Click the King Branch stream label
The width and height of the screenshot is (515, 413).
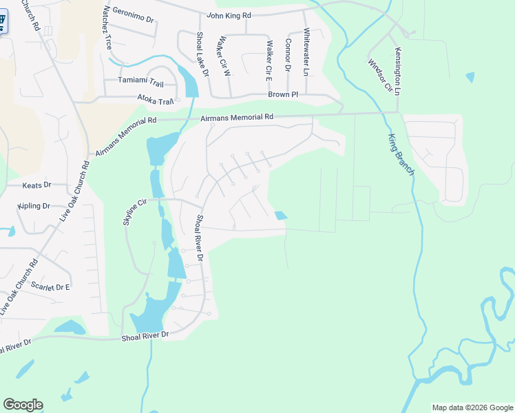(401, 154)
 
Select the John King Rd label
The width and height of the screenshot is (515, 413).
(229, 14)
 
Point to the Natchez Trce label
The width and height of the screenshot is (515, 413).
(107, 27)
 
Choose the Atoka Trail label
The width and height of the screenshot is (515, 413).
(155, 100)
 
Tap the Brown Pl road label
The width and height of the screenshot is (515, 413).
(283, 94)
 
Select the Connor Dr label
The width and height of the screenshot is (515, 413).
(288, 54)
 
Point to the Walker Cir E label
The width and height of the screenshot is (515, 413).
(269, 57)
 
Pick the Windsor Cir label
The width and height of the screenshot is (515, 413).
(379, 75)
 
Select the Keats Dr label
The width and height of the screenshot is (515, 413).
(37, 185)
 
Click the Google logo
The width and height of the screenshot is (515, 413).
(23, 405)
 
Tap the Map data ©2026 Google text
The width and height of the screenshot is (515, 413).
(472, 407)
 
